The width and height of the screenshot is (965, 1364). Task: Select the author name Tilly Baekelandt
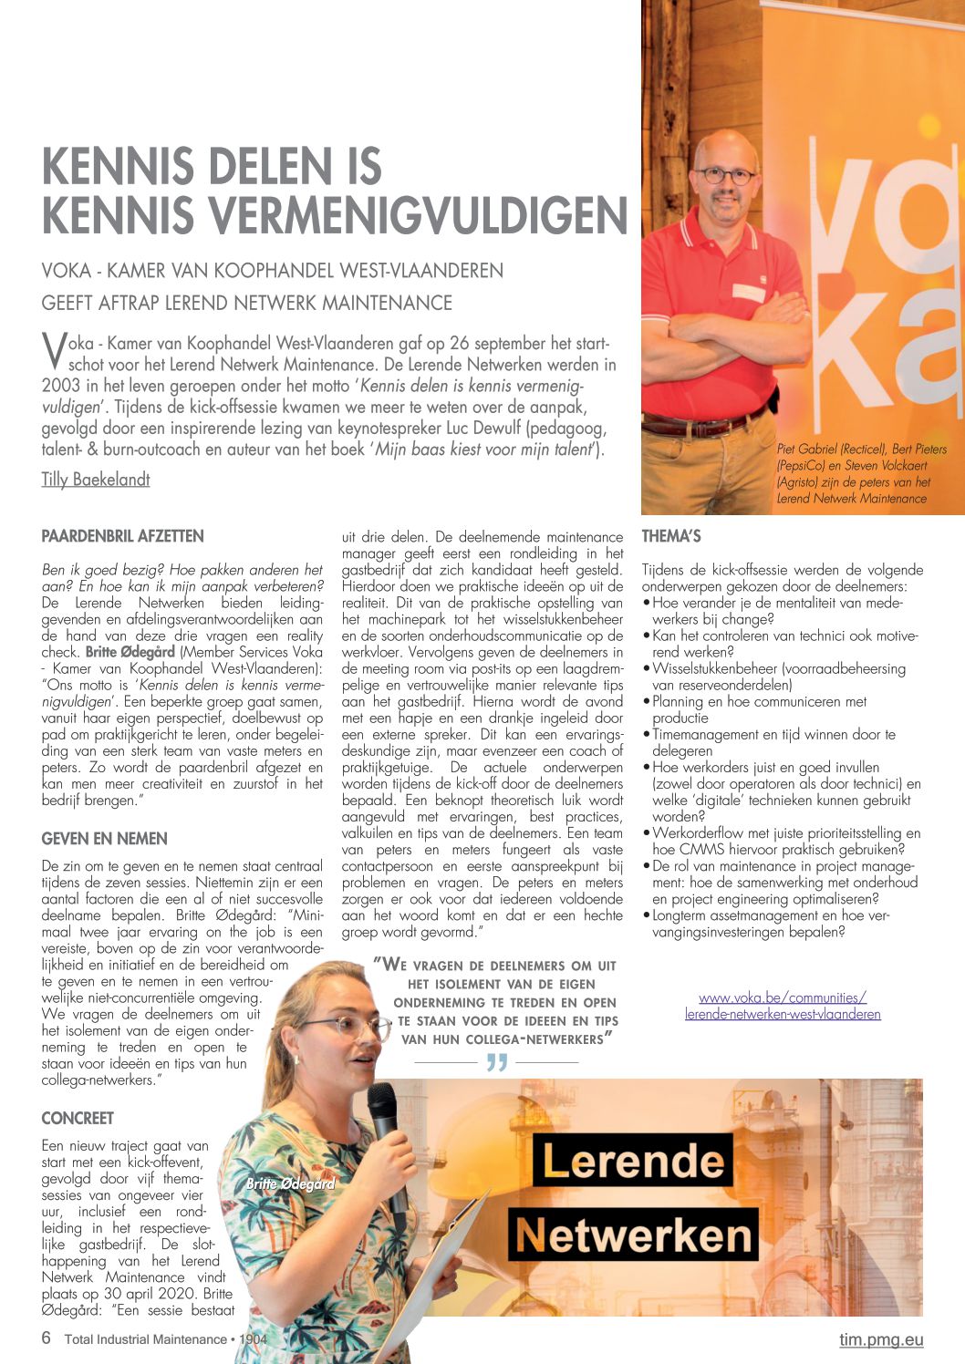96,480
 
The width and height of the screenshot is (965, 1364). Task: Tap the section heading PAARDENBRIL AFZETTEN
122,536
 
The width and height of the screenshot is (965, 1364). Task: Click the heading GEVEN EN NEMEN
104,839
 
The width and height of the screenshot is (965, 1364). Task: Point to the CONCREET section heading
78,1119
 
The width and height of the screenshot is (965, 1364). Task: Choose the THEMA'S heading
671,536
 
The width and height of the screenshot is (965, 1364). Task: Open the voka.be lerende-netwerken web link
783,1006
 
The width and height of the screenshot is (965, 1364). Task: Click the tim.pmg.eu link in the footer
881,1339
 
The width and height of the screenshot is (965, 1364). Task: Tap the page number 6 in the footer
47,1338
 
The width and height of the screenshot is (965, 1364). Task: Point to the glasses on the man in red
726,175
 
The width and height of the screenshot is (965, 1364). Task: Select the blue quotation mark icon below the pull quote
497,1062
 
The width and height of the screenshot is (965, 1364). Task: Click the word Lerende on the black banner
633,1161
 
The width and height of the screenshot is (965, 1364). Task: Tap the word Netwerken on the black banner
633,1235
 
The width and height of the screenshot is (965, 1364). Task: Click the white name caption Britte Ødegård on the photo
290,1183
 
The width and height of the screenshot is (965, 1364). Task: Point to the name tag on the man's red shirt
748,293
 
